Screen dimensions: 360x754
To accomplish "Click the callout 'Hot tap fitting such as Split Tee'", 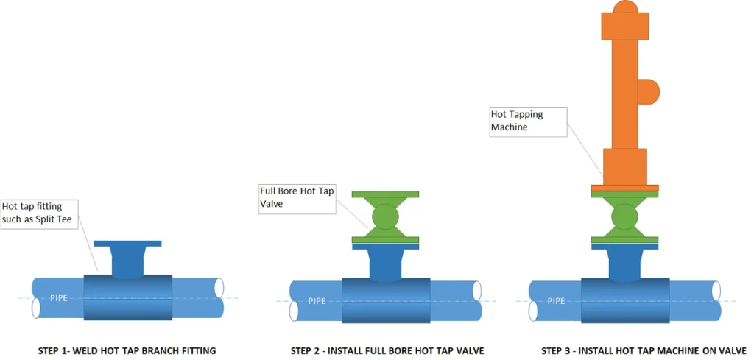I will pos(41,213).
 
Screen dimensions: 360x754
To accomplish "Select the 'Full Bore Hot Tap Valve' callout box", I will pos(297,199).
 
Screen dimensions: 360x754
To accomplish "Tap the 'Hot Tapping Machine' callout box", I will pos(528,121).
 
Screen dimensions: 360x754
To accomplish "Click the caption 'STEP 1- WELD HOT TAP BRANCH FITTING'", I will pos(127,350).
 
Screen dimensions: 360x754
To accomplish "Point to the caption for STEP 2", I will pos(387,350).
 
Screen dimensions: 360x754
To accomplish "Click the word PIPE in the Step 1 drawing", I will pos(60,297).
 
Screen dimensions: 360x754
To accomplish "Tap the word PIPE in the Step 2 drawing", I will pos(317,300).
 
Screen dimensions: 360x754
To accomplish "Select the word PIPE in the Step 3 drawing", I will pos(556,300).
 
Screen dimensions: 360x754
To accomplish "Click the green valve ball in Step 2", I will pos(385,217).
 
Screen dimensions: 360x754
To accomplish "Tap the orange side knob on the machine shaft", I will pos(649,91).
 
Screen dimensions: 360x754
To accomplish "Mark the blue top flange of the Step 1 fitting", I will pos(128,244).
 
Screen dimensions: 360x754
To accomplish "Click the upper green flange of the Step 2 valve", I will pos(385,194).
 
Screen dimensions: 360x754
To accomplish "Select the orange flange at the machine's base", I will pos(624,188).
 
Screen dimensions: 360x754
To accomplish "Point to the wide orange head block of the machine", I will pos(624,27).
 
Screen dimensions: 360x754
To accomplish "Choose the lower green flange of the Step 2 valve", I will pos(385,239).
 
